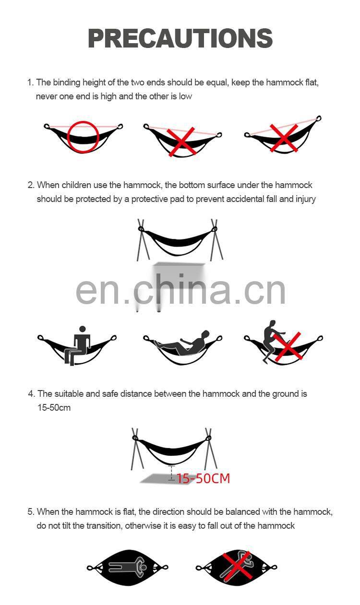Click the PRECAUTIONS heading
[x=180, y=38]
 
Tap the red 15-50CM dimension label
[x=203, y=478]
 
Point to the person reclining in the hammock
[x=182, y=343]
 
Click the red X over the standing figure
[x=288, y=346]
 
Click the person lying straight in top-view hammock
[x=127, y=567]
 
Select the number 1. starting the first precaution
[x=30, y=83]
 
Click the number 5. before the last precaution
[x=31, y=511]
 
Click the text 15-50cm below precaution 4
[x=54, y=407]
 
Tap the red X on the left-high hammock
[x=181, y=142]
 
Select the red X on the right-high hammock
[x=284, y=138]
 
